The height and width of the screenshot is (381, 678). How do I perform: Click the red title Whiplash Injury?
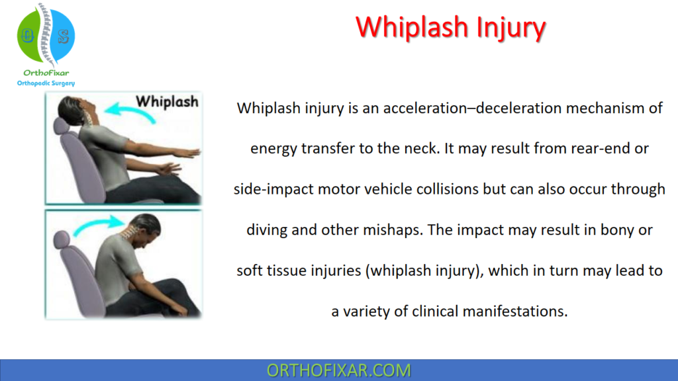pos(450,28)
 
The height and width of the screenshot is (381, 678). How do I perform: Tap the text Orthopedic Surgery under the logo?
pos(46,83)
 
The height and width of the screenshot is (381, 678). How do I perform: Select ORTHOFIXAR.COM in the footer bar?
pos(338,370)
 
